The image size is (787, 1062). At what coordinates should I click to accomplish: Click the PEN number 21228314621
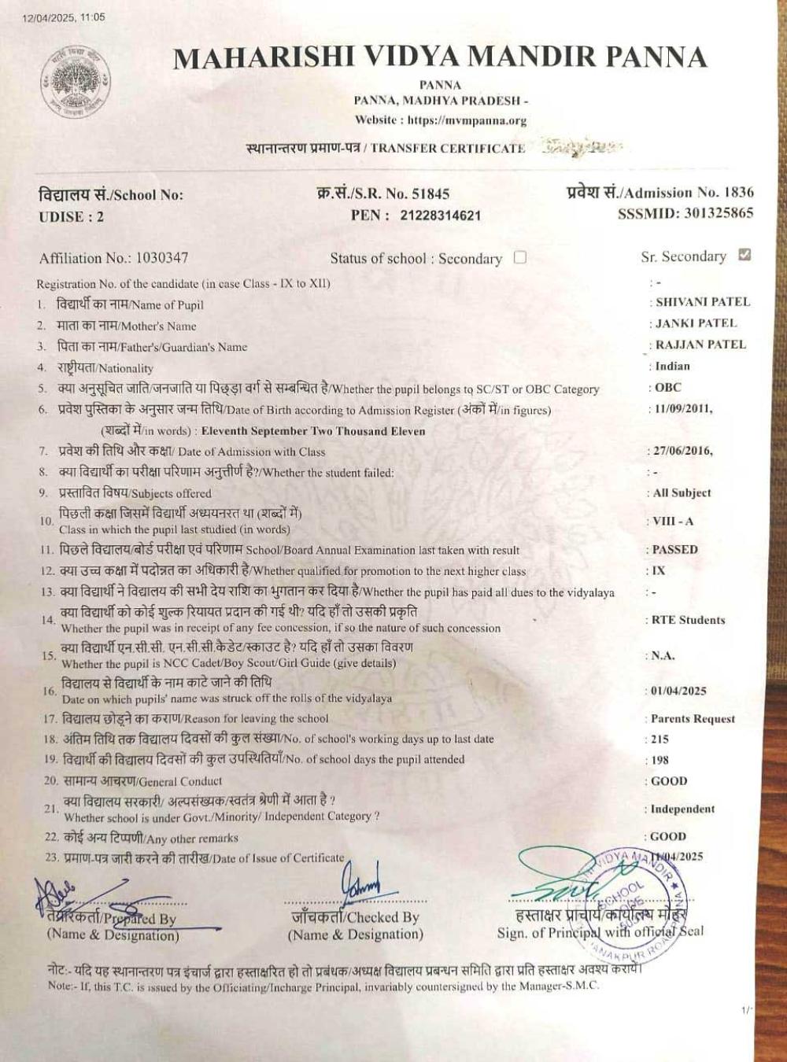pyautogui.click(x=440, y=216)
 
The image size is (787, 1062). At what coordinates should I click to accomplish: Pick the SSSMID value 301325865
pyautogui.click(x=719, y=212)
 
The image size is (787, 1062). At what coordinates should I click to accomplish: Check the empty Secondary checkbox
pyautogui.click(x=519, y=257)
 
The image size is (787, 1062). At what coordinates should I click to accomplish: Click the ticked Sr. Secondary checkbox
pyautogui.click(x=745, y=255)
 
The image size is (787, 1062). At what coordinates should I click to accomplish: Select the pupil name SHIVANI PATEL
pyautogui.click(x=703, y=302)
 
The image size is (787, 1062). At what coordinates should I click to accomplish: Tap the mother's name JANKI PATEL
pyautogui.click(x=696, y=323)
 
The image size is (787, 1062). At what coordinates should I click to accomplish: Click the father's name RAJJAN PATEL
pyautogui.click(x=700, y=345)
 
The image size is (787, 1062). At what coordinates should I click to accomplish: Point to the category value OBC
pyautogui.click(x=668, y=388)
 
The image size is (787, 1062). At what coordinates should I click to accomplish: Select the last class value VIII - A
pyautogui.click(x=673, y=522)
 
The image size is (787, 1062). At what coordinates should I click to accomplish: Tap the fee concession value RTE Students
pyautogui.click(x=688, y=620)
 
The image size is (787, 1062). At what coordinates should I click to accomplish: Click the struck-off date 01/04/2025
pyautogui.click(x=678, y=691)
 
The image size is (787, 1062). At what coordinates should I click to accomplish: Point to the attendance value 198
pyautogui.click(x=660, y=760)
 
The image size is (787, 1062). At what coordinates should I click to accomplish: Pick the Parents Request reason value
pyautogui.click(x=693, y=719)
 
